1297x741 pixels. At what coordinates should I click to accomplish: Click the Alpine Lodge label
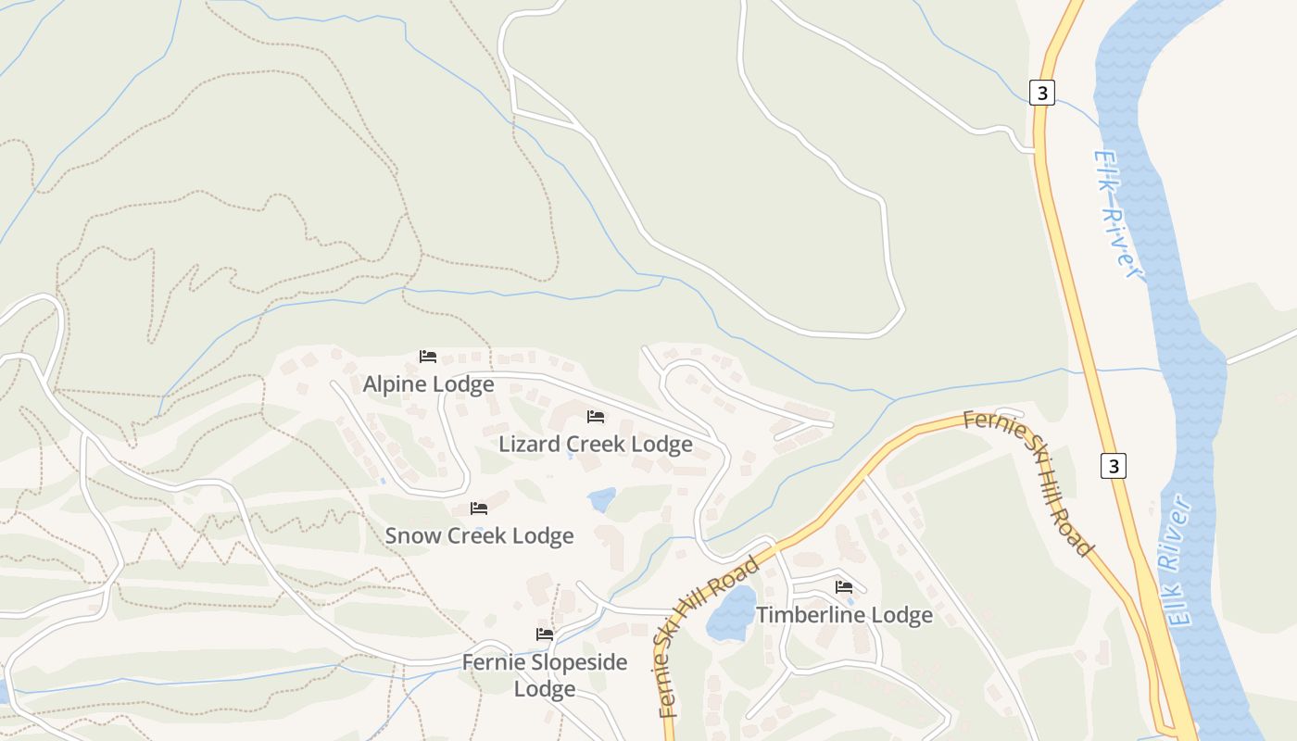[428, 383]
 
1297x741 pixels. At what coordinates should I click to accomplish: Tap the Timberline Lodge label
[844, 615]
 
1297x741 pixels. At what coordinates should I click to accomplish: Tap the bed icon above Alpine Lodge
[427, 357]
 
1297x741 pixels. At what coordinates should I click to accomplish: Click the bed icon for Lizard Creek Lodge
[596, 417]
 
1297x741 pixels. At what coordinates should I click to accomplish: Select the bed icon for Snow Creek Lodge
[479, 509]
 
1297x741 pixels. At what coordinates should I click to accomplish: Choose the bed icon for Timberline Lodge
[844, 587]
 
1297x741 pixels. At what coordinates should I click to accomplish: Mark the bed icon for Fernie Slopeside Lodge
[545, 634]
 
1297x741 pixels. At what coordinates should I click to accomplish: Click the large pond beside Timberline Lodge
[732, 613]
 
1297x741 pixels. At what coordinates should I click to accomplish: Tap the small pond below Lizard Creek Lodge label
[602, 500]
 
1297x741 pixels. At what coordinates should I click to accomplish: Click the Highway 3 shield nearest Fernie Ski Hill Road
[1114, 466]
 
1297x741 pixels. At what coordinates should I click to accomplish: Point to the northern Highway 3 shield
[1042, 93]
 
